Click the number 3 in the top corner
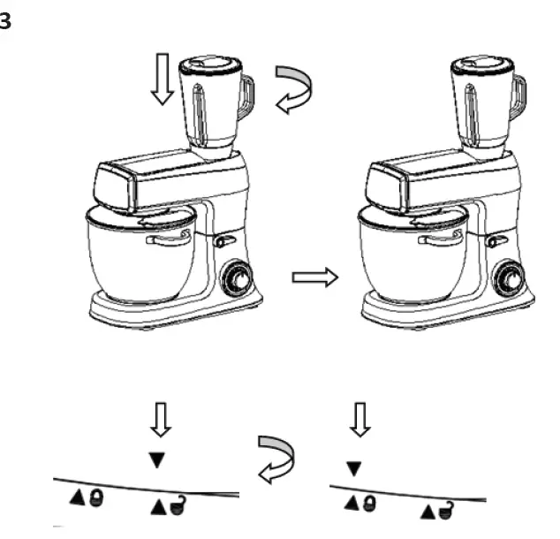coord(5,22)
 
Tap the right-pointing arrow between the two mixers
coord(314,277)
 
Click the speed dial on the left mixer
coord(236,279)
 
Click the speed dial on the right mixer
coord(508,279)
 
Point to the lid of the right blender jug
coord(481,65)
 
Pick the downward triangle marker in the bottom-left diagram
coord(158,459)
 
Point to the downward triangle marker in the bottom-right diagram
coord(354,469)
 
